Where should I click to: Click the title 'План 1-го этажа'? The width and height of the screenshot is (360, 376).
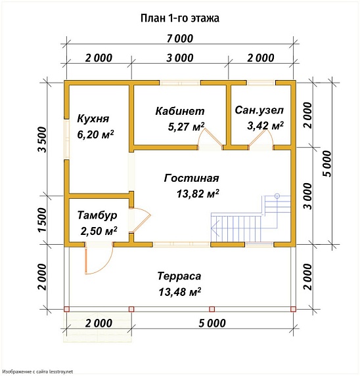tap(179, 18)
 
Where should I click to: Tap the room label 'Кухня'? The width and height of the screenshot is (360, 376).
tap(93, 119)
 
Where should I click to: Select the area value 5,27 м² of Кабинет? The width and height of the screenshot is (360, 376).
tap(179, 126)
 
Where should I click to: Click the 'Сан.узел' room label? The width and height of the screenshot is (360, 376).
tap(259, 110)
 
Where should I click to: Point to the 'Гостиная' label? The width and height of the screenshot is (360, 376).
tap(191, 178)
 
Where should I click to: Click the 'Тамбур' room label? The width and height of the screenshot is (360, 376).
tap(97, 215)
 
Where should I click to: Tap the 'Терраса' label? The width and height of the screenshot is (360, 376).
tap(179, 276)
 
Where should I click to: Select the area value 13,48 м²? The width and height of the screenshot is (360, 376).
tap(179, 291)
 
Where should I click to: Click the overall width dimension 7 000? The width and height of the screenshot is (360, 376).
tap(179, 37)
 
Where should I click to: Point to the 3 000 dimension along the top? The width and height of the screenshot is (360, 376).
tap(179, 58)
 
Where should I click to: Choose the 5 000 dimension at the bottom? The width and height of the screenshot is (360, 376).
tap(212, 323)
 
